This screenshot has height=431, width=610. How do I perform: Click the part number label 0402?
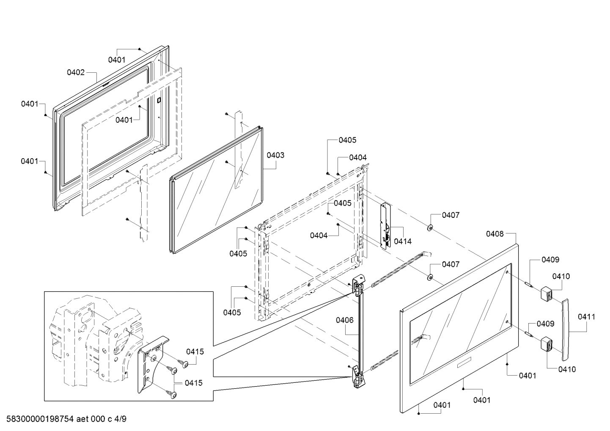76,72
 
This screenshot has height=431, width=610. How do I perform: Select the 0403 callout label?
275,155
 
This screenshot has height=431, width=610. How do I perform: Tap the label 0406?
345,320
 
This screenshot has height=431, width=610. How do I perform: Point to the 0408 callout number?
495,233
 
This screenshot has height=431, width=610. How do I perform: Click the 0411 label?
586,316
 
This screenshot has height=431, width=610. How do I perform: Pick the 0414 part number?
402,241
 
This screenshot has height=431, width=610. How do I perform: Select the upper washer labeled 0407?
429,228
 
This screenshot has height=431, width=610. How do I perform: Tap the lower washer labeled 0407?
429,277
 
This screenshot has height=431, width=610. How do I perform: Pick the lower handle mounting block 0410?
547,343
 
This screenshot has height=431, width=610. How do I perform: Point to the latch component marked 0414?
385,226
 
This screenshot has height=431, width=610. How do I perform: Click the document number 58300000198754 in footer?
41,419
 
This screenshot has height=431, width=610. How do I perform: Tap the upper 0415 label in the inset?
195,351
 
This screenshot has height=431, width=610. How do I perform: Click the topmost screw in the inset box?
183,363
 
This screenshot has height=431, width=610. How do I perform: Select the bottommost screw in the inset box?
172,394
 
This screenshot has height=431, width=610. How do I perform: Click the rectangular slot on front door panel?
466,362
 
